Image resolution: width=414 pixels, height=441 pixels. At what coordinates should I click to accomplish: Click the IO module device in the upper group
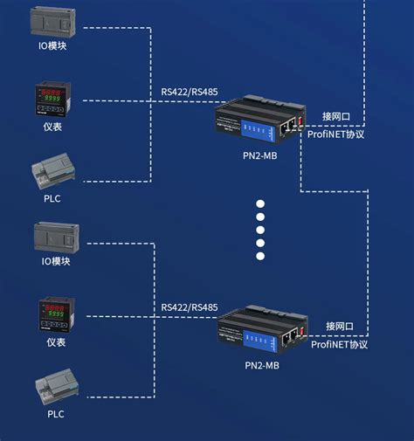tap(55, 21)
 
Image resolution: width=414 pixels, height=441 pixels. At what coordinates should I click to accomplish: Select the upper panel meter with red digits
tap(54, 99)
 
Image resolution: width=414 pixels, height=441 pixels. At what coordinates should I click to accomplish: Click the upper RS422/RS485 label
tap(190, 90)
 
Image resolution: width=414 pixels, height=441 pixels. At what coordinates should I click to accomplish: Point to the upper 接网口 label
tap(337, 116)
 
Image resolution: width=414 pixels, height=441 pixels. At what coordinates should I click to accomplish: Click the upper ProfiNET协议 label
tap(336, 134)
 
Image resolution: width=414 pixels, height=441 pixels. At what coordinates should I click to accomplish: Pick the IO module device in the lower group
tap(56, 237)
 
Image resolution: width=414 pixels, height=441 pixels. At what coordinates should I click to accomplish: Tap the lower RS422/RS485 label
tap(190, 307)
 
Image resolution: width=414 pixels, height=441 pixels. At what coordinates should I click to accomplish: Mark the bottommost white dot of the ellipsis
tap(259, 257)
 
